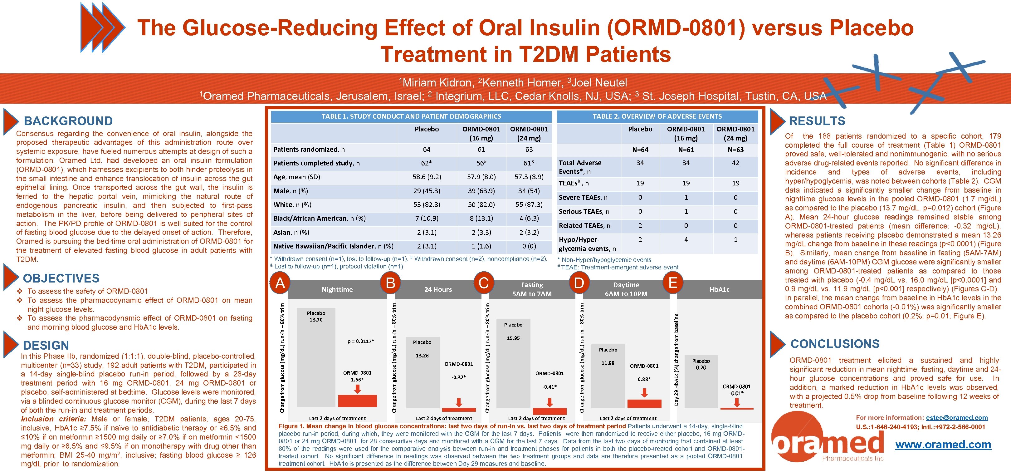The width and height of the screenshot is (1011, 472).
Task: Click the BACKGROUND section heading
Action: coord(68,121)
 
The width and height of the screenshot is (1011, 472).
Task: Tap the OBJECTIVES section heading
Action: coord(61,278)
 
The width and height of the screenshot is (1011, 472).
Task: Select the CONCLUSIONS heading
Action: coord(835,344)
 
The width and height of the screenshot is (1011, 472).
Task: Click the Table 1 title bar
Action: coord(411,116)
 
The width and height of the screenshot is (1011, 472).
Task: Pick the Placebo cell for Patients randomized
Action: coord(427,150)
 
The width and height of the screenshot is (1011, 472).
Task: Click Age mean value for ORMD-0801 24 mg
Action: coord(529,177)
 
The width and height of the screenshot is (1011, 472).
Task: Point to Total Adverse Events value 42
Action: coord(735,163)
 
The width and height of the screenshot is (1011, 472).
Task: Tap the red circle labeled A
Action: coord(280,283)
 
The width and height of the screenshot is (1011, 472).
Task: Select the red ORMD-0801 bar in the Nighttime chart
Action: coord(357,401)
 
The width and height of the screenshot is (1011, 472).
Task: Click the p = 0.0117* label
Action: coord(361,342)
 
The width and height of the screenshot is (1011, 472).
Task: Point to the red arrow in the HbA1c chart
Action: coord(737,402)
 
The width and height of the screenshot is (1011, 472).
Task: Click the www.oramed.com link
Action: coord(943,445)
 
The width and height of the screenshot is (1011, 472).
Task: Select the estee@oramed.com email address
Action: coord(957,418)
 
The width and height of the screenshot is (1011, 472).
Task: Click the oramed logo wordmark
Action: coord(828,444)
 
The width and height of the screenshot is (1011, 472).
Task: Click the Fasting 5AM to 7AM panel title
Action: coord(532,289)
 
